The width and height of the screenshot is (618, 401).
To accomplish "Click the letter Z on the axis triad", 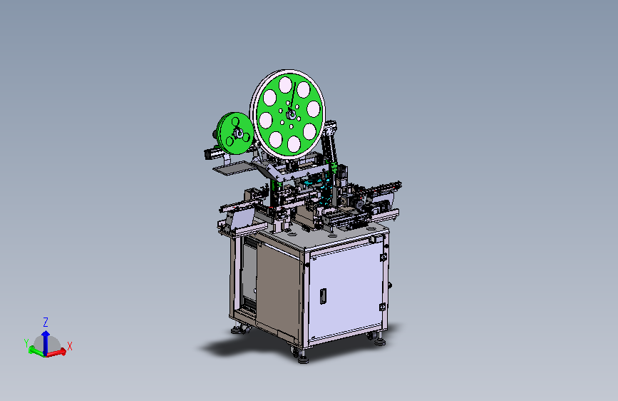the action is [x=46, y=322].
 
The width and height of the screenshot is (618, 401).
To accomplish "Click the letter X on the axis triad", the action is [x=70, y=346].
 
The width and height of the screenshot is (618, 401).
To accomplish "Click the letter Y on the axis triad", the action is [x=26, y=342].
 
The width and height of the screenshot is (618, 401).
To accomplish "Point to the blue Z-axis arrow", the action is [x=46, y=342].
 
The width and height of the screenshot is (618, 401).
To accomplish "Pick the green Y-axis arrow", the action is [x=37, y=351].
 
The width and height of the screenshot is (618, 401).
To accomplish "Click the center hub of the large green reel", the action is [x=292, y=114].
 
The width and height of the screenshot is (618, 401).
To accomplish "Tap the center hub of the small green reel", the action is [x=238, y=133].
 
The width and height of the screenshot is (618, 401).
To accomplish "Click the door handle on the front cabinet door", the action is [x=323, y=296].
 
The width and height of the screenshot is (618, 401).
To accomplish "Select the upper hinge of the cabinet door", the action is [x=383, y=258].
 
